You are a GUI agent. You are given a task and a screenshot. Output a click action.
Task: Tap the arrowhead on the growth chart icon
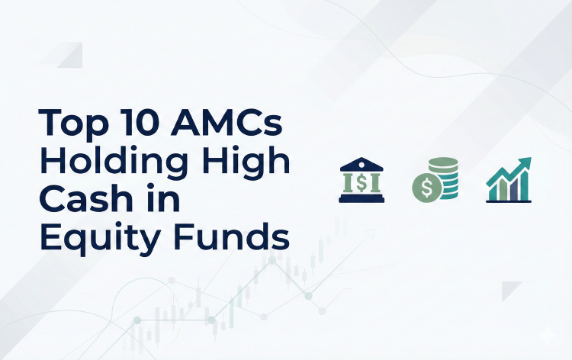[x=525, y=162]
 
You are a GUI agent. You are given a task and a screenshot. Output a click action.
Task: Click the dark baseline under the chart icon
[x=509, y=201]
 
